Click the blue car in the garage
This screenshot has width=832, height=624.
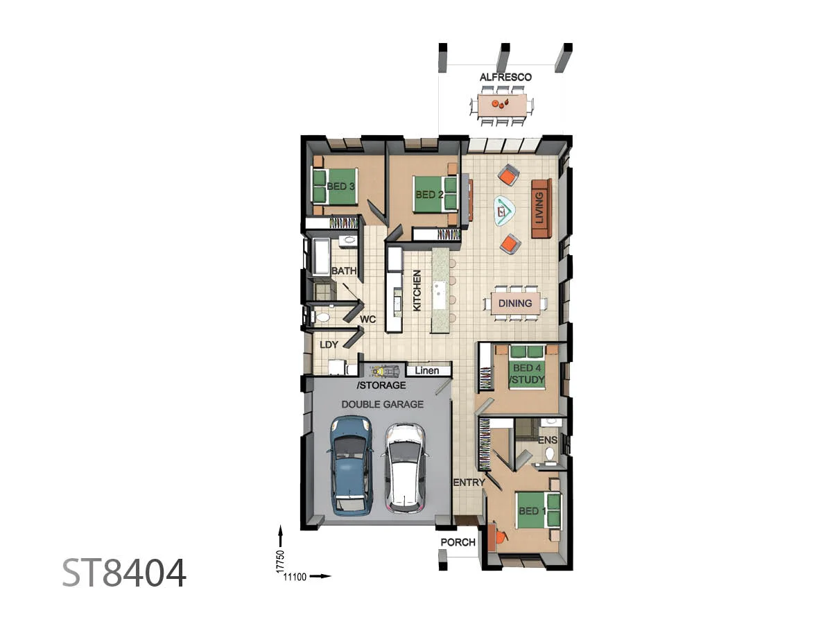tap(351, 465)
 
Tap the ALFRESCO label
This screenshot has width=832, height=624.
tap(505, 77)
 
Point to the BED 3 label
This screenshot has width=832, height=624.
tap(341, 187)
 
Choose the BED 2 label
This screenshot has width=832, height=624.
tap(429, 195)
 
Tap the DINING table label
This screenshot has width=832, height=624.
tap(515, 303)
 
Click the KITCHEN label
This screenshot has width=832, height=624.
tap(417, 290)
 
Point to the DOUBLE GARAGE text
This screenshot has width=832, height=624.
tap(382, 404)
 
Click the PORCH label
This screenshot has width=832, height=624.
tap(458, 542)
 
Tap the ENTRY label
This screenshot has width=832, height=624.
tap(468, 483)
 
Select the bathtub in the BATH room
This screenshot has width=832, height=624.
tap(322, 256)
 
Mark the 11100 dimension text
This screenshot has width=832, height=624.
tap(294, 576)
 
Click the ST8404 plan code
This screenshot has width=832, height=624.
tap(125, 573)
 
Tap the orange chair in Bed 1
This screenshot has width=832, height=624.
tap(498, 537)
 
